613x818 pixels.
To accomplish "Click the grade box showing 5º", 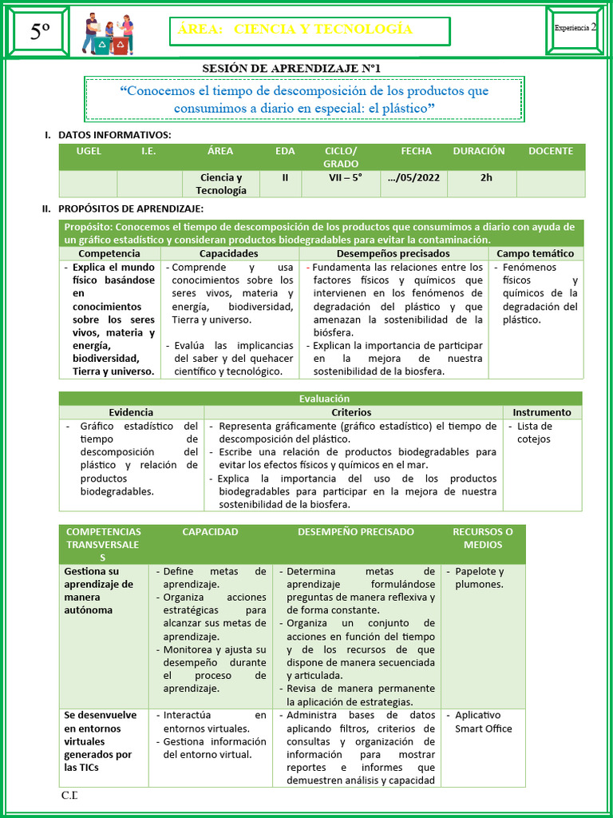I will pos(40,32).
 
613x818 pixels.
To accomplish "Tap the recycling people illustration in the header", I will pos(108,34).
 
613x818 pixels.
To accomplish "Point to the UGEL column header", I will pos(88,151).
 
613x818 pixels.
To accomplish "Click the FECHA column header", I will pos(416,151).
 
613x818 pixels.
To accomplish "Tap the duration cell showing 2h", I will pos(486,178).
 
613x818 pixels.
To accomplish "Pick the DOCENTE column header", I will pos(550,151).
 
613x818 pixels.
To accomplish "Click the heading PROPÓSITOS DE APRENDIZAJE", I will pos(130,208).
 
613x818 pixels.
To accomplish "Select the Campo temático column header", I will pos(535,253).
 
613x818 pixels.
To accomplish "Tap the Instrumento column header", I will pos(542,412).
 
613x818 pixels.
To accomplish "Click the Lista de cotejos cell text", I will pos(534,432).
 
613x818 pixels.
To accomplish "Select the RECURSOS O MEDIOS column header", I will pos(482,538).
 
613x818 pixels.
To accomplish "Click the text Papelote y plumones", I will pos(479,578).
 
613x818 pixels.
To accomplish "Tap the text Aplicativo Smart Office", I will pos(482,722).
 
